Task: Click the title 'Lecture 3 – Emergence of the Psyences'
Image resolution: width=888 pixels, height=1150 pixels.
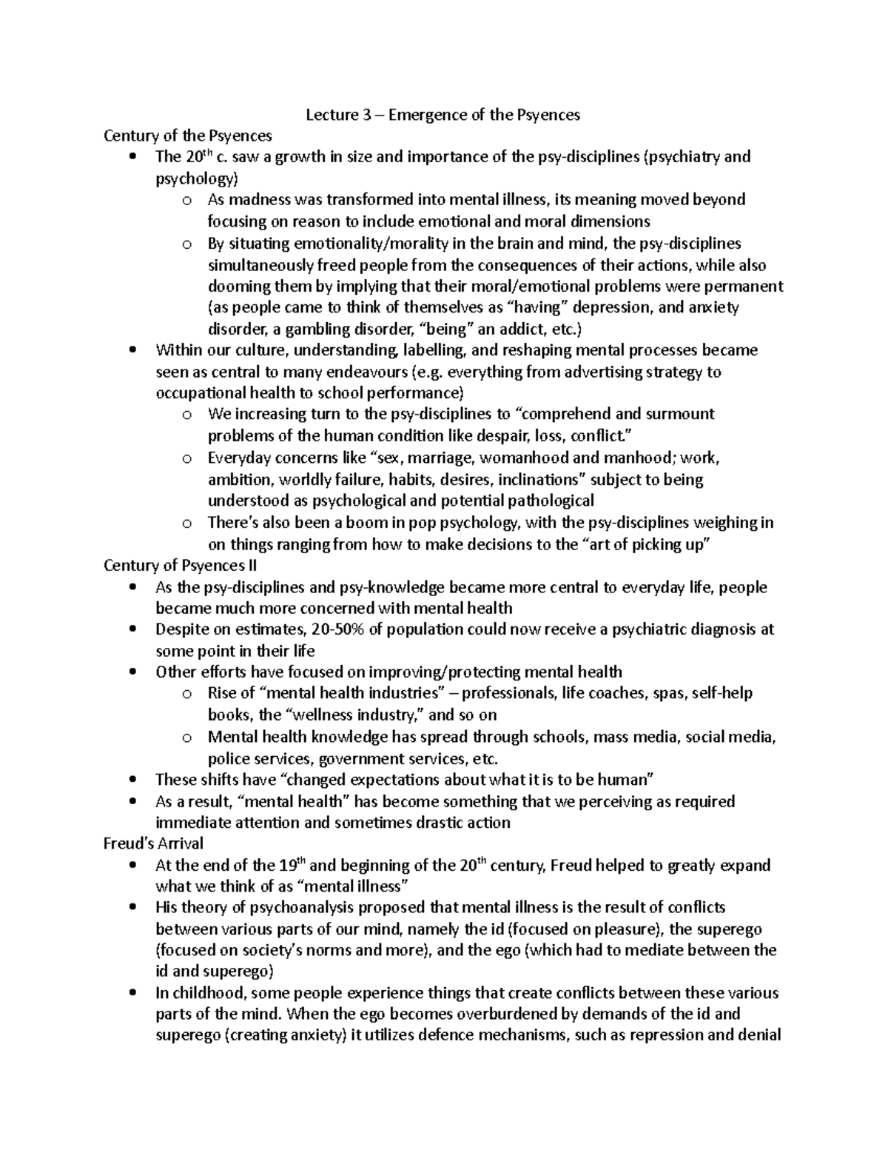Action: (443, 115)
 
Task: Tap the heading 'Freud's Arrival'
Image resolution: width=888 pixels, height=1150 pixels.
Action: (153, 843)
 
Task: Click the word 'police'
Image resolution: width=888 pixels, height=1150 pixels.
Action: (228, 758)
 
